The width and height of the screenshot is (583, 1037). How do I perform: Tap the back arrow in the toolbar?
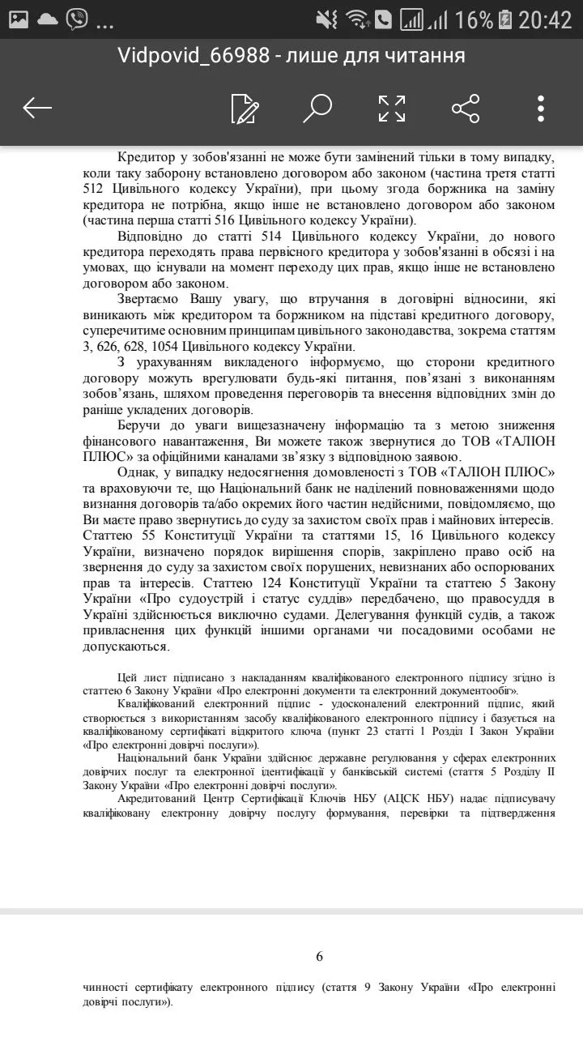pyautogui.click(x=37, y=108)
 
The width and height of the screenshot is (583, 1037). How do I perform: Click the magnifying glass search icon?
pyautogui.click(x=317, y=108)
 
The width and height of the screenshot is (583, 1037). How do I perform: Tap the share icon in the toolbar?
pyautogui.click(x=466, y=109)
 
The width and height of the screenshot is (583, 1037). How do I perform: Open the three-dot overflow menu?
pyautogui.click(x=540, y=109)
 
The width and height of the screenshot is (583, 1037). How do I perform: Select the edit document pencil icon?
pyautogui.click(x=244, y=109)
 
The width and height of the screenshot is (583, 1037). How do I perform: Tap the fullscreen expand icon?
pyautogui.click(x=392, y=109)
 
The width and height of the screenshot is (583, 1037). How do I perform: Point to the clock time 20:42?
pyautogui.click(x=545, y=19)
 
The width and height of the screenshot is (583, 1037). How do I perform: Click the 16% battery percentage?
pyautogui.click(x=474, y=19)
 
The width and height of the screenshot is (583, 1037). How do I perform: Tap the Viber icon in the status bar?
pyautogui.click(x=77, y=19)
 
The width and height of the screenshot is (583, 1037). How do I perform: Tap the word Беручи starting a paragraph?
pyautogui.click(x=142, y=425)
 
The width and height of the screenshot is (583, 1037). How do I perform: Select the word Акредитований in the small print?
pyautogui.click(x=160, y=799)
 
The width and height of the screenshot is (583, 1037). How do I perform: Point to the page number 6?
pyautogui.click(x=319, y=957)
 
